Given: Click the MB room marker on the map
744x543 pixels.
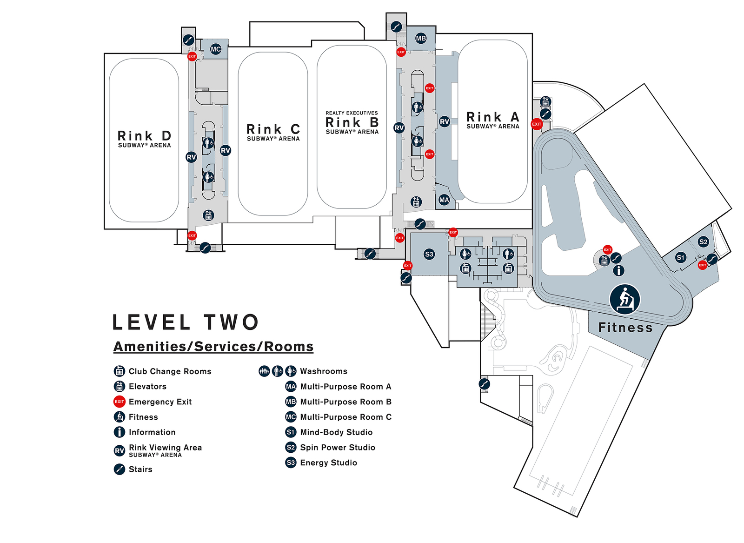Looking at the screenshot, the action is pyautogui.click(x=421, y=38).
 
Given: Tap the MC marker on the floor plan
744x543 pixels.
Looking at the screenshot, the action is pyautogui.click(x=216, y=49).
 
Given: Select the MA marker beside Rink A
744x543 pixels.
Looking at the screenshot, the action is pyautogui.click(x=444, y=200).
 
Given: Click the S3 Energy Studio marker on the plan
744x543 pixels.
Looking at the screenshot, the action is pyautogui.click(x=429, y=254).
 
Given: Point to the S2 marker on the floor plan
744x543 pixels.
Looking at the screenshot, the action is pyautogui.click(x=703, y=241).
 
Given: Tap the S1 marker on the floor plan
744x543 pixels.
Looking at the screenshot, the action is pyautogui.click(x=681, y=257).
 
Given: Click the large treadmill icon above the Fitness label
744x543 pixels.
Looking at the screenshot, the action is pyautogui.click(x=625, y=299).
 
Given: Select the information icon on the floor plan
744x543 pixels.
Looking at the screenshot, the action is pyautogui.click(x=618, y=270).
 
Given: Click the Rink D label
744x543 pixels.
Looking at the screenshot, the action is pyautogui.click(x=145, y=135).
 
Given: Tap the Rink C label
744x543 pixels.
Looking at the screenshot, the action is pyautogui.click(x=273, y=129).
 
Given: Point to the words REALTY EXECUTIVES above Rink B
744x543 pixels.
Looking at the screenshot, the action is pyautogui.click(x=352, y=113).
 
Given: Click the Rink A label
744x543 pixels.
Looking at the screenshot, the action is pyautogui.click(x=493, y=117).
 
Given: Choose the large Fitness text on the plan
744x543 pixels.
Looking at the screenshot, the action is pyautogui.click(x=625, y=328).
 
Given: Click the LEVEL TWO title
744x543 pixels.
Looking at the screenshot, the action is pyautogui.click(x=186, y=322).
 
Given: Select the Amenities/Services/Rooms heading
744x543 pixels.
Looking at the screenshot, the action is pyautogui.click(x=213, y=347).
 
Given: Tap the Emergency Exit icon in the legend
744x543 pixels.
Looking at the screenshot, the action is pyautogui.click(x=119, y=402).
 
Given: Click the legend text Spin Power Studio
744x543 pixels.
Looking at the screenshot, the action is pyautogui.click(x=338, y=447).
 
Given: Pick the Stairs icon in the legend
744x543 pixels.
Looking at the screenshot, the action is pyautogui.click(x=119, y=469).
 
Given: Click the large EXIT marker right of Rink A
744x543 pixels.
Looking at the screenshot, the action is pyautogui.click(x=537, y=124).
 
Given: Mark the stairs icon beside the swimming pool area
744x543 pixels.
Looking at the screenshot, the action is pyautogui.click(x=484, y=384).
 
